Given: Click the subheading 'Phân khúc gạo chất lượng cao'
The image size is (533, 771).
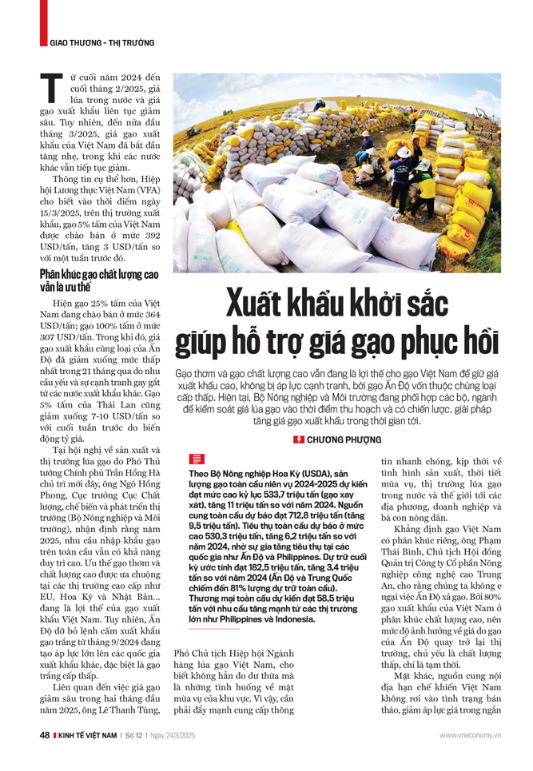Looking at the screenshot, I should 99,275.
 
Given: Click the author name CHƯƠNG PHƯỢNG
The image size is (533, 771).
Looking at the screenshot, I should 342,439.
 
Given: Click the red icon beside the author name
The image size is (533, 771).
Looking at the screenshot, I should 297,439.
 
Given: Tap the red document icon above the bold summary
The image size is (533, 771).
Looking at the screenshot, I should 196,458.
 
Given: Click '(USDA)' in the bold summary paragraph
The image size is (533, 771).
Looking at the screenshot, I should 308,474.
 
